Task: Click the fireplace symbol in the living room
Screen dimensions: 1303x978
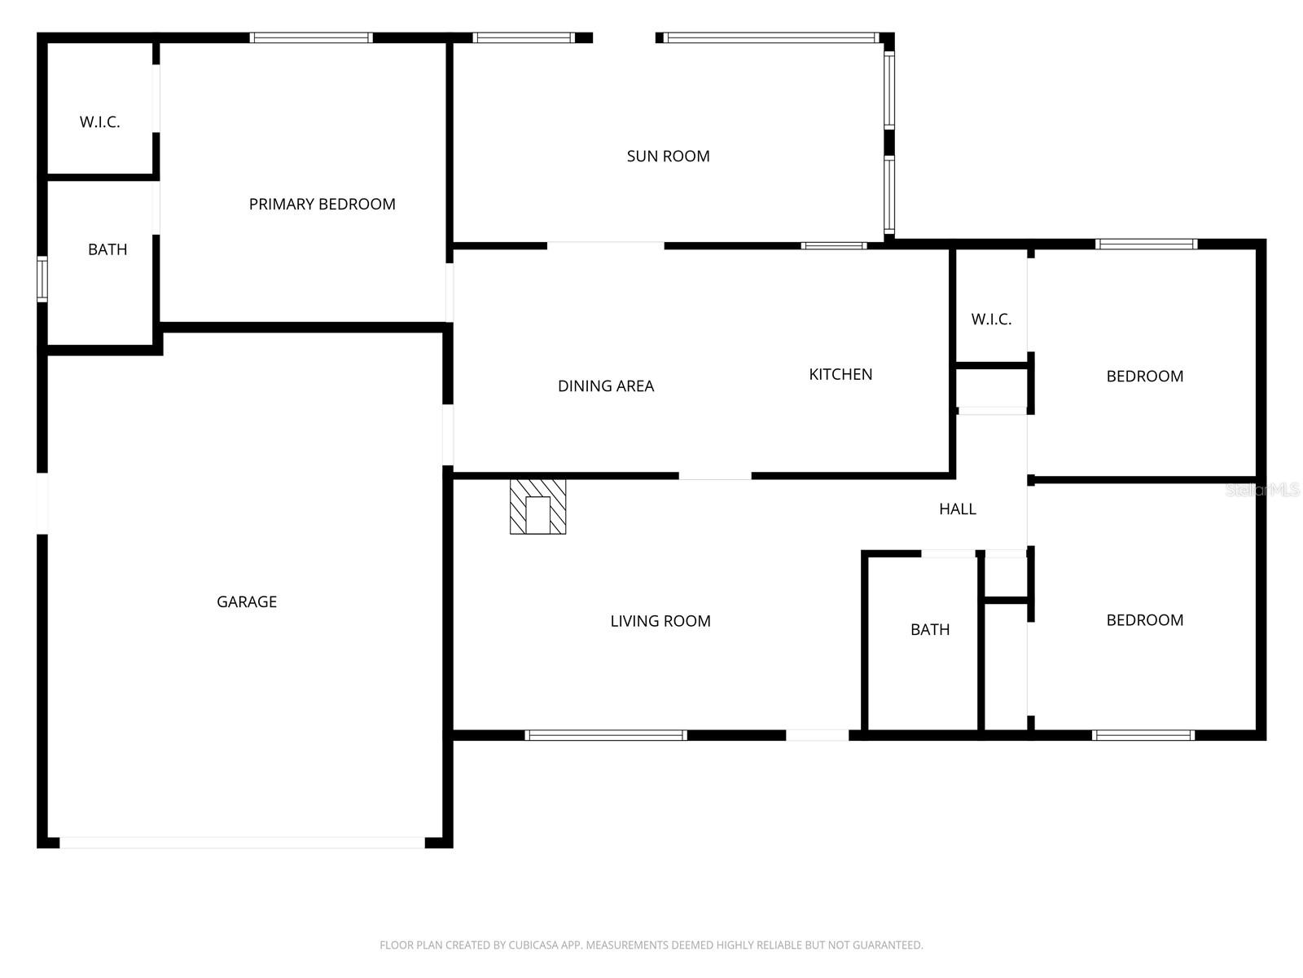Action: click(537, 506)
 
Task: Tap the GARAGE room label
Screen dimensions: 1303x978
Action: click(247, 602)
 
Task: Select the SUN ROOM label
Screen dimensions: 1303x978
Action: click(668, 156)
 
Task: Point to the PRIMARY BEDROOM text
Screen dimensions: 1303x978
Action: click(322, 205)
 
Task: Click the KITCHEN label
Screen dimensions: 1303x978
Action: click(840, 375)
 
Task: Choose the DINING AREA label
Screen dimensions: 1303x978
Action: click(606, 386)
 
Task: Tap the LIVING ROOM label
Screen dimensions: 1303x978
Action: click(660, 621)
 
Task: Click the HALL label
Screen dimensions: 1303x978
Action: click(958, 509)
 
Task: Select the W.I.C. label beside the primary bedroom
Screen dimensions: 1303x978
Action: click(99, 122)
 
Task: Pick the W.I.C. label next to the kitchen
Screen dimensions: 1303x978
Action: click(991, 319)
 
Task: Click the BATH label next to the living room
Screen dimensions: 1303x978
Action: click(930, 629)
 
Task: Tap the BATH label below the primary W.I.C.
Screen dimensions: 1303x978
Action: click(107, 249)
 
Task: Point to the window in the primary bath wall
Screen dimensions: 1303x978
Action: click(42, 279)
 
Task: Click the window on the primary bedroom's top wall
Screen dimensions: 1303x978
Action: click(311, 38)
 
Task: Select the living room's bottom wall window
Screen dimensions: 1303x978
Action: click(606, 735)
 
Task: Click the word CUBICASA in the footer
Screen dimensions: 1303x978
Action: click(533, 945)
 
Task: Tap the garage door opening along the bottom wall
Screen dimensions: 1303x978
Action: click(242, 843)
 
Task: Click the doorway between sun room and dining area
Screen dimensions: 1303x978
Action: click(606, 246)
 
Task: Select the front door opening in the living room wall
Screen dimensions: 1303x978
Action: click(818, 735)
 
